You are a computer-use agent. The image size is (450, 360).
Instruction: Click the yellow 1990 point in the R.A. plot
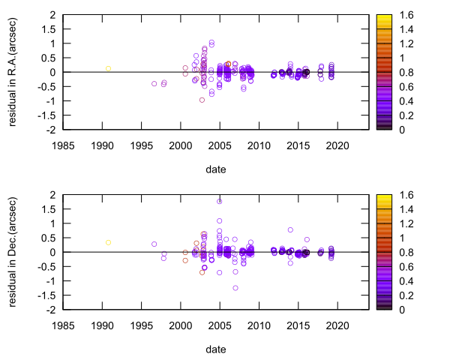click(108, 68)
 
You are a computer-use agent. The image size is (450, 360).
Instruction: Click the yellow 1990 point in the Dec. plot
click(108, 242)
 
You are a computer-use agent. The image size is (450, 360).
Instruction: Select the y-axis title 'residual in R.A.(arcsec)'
click(13, 72)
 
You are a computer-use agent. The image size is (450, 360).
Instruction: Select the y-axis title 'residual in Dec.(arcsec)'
click(13, 252)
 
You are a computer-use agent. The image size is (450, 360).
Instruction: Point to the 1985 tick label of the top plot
click(62, 146)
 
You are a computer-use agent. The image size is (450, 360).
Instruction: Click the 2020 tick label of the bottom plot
click(337, 326)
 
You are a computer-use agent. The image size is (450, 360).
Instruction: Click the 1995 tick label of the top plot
click(141, 146)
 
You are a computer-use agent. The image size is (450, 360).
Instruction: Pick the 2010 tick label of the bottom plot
click(259, 326)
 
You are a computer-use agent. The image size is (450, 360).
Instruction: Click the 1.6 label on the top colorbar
click(406, 15)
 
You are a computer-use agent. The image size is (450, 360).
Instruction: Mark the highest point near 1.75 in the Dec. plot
click(220, 201)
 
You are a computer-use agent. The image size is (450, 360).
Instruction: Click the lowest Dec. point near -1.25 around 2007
click(235, 288)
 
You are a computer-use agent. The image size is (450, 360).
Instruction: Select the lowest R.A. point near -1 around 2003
click(202, 100)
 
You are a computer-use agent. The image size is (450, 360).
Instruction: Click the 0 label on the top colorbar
click(402, 130)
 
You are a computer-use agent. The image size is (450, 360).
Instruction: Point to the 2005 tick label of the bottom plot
click(220, 326)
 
